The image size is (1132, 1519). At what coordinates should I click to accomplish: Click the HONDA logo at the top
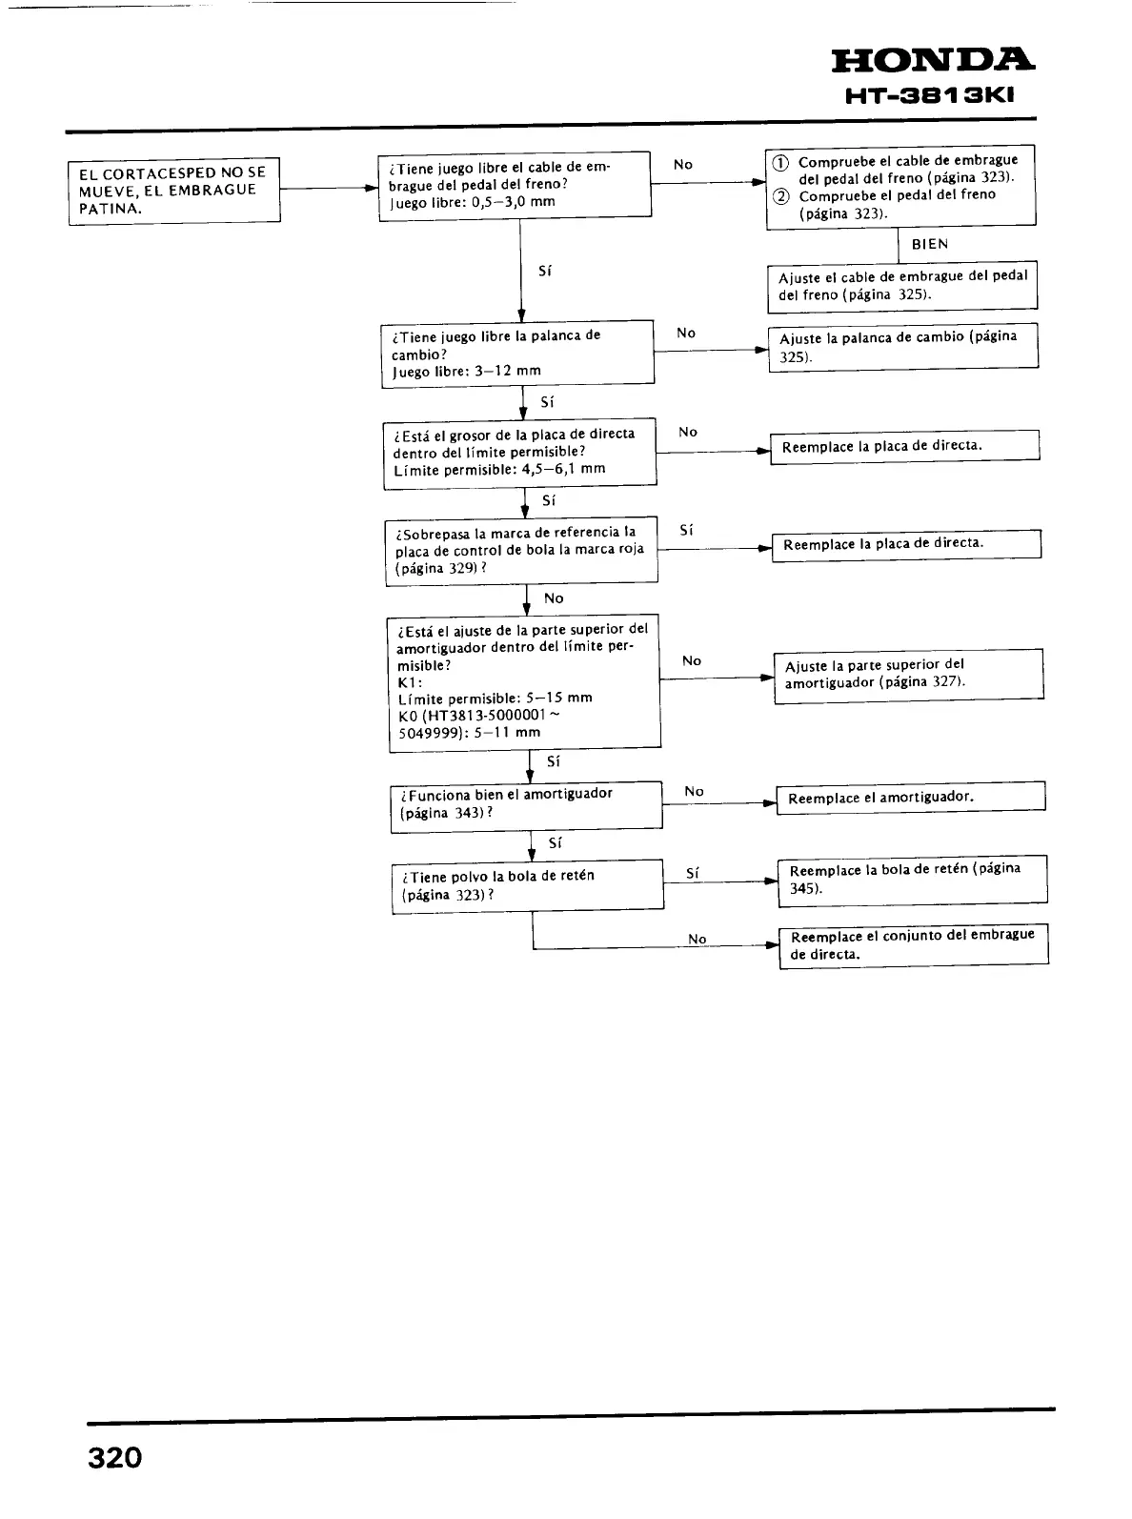pyautogui.click(x=932, y=61)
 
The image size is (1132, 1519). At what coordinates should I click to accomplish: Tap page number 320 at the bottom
pyautogui.click(x=114, y=1457)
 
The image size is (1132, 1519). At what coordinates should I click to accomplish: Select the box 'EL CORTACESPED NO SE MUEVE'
pyautogui.click(x=174, y=191)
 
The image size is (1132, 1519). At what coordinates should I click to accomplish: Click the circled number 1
pyautogui.click(x=780, y=162)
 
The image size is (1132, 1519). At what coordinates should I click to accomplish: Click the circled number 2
pyautogui.click(x=780, y=196)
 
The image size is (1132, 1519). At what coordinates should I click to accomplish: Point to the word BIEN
pyautogui.click(x=930, y=244)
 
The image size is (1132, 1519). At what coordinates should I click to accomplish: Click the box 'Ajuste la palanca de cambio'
pyautogui.click(x=902, y=346)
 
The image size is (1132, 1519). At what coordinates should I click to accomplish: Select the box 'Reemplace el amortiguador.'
pyautogui.click(x=911, y=797)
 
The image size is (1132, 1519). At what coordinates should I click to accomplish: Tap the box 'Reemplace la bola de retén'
pyautogui.click(x=913, y=879)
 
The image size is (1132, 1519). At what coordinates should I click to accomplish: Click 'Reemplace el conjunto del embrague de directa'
pyautogui.click(x=913, y=945)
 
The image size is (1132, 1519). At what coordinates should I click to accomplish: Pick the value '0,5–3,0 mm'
pyautogui.click(x=514, y=202)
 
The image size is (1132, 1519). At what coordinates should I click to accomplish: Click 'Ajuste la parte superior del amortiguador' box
pyautogui.click(x=907, y=674)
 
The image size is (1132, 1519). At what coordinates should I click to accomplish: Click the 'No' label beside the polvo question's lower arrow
pyautogui.click(x=697, y=940)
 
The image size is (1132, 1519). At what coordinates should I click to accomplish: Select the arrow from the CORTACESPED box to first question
pyautogui.click(x=329, y=189)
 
